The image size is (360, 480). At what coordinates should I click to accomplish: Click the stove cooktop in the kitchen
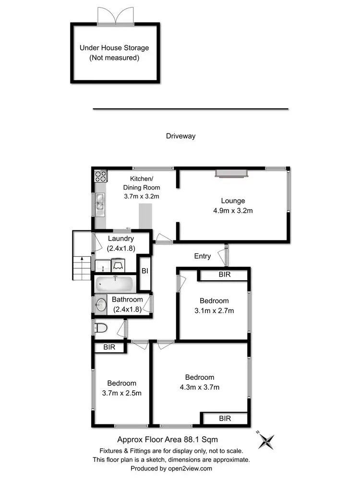[x=100, y=176]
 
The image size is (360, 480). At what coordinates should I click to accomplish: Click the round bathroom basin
[x=101, y=304]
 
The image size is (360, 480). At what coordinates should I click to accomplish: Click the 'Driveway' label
[x=180, y=136]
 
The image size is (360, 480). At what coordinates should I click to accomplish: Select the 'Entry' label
[x=203, y=256]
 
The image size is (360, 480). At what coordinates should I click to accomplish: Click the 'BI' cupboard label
[x=144, y=271]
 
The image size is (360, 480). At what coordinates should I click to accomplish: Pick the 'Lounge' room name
[x=233, y=201]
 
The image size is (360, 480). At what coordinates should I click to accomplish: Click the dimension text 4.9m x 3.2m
[x=233, y=210]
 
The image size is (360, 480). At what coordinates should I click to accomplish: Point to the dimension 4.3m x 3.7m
[x=201, y=387]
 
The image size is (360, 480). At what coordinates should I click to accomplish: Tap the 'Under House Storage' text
[x=114, y=48]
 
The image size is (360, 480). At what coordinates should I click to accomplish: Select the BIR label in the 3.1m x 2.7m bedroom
[x=225, y=275]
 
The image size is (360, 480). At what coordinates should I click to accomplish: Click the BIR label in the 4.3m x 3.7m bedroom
[x=225, y=419]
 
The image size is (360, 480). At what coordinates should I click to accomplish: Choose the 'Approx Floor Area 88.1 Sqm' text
[x=171, y=439]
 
